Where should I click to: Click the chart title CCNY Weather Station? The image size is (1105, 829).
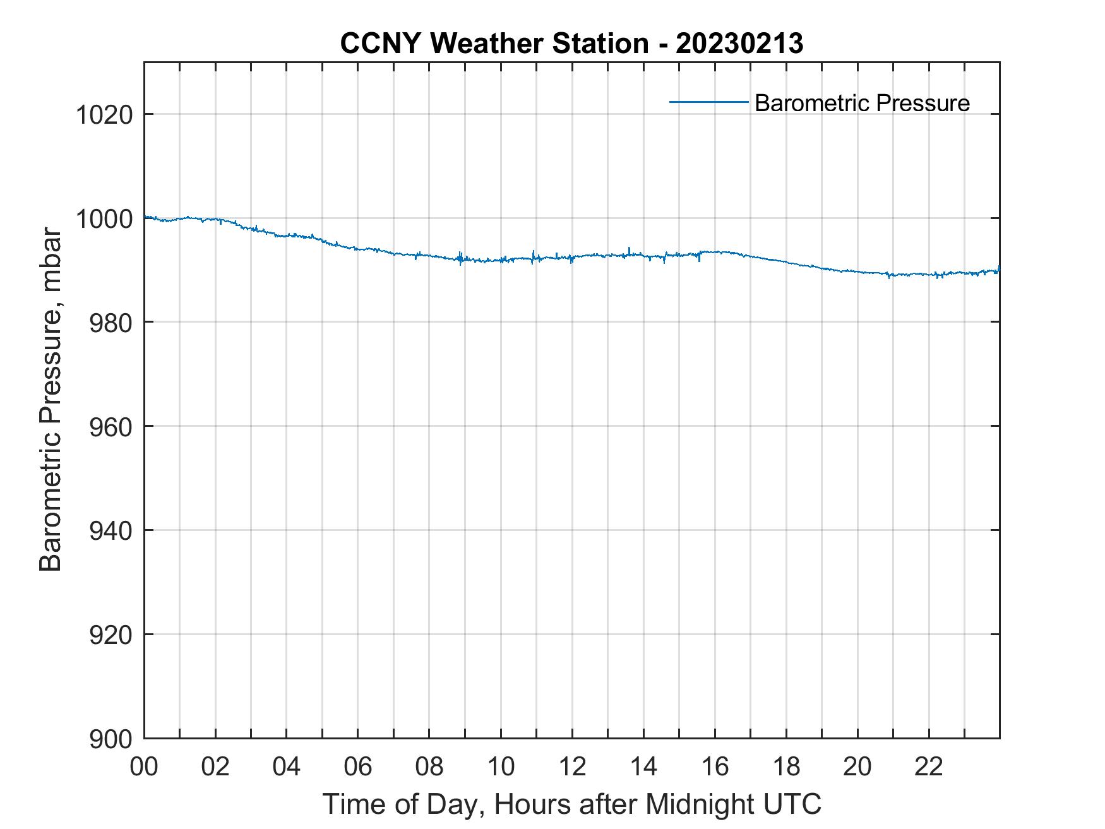coord(494,44)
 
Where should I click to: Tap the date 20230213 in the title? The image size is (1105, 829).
coord(739,44)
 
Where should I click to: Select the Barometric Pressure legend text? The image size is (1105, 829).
coord(862,103)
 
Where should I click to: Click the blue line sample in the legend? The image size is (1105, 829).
coord(708,102)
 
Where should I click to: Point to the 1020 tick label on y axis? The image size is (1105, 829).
coord(104,116)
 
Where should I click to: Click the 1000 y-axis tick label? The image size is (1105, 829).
coord(104,219)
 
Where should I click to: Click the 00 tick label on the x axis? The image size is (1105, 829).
coord(144,766)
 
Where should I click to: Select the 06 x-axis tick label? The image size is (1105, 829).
coord(358,766)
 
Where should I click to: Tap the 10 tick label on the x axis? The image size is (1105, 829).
coord(501,766)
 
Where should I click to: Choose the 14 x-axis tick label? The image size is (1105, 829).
coord(643,766)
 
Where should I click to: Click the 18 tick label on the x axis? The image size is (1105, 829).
coord(786,766)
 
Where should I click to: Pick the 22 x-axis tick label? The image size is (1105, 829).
coord(929,766)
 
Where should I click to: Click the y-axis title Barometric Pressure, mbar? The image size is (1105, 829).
coord(51,400)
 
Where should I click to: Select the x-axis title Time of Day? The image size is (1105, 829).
coord(404,805)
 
